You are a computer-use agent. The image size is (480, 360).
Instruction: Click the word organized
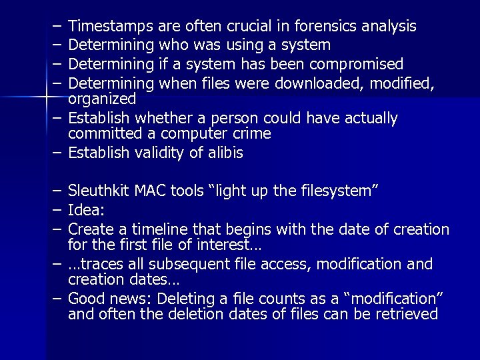point(102,99)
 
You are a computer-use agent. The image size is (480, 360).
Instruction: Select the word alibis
point(223,153)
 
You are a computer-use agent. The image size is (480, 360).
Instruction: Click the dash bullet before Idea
point(57,211)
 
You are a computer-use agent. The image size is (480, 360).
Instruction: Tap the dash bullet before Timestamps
point(57,27)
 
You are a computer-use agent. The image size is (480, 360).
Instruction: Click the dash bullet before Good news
point(57,298)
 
